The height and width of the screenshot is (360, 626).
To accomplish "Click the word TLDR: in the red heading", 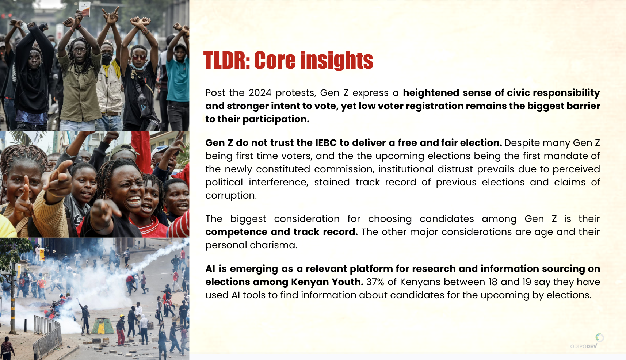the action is pos(227,60).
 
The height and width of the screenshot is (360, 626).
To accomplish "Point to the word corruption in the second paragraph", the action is pos(231,195).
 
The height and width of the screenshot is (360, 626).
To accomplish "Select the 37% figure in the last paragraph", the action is pos(375,282).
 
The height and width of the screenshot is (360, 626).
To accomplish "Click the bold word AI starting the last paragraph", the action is pos(210,269).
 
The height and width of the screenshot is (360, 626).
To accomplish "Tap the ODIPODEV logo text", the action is pos(584,346).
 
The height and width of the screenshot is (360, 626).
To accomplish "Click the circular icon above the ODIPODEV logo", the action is pos(599,337).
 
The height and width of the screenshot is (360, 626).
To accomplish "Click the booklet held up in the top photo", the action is pos(85,9).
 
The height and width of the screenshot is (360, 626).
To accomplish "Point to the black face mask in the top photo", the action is pos(107,58).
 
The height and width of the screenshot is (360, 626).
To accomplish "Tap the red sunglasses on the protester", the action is pos(139,57).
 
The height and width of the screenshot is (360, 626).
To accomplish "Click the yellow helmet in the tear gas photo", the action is pos(122,316).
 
